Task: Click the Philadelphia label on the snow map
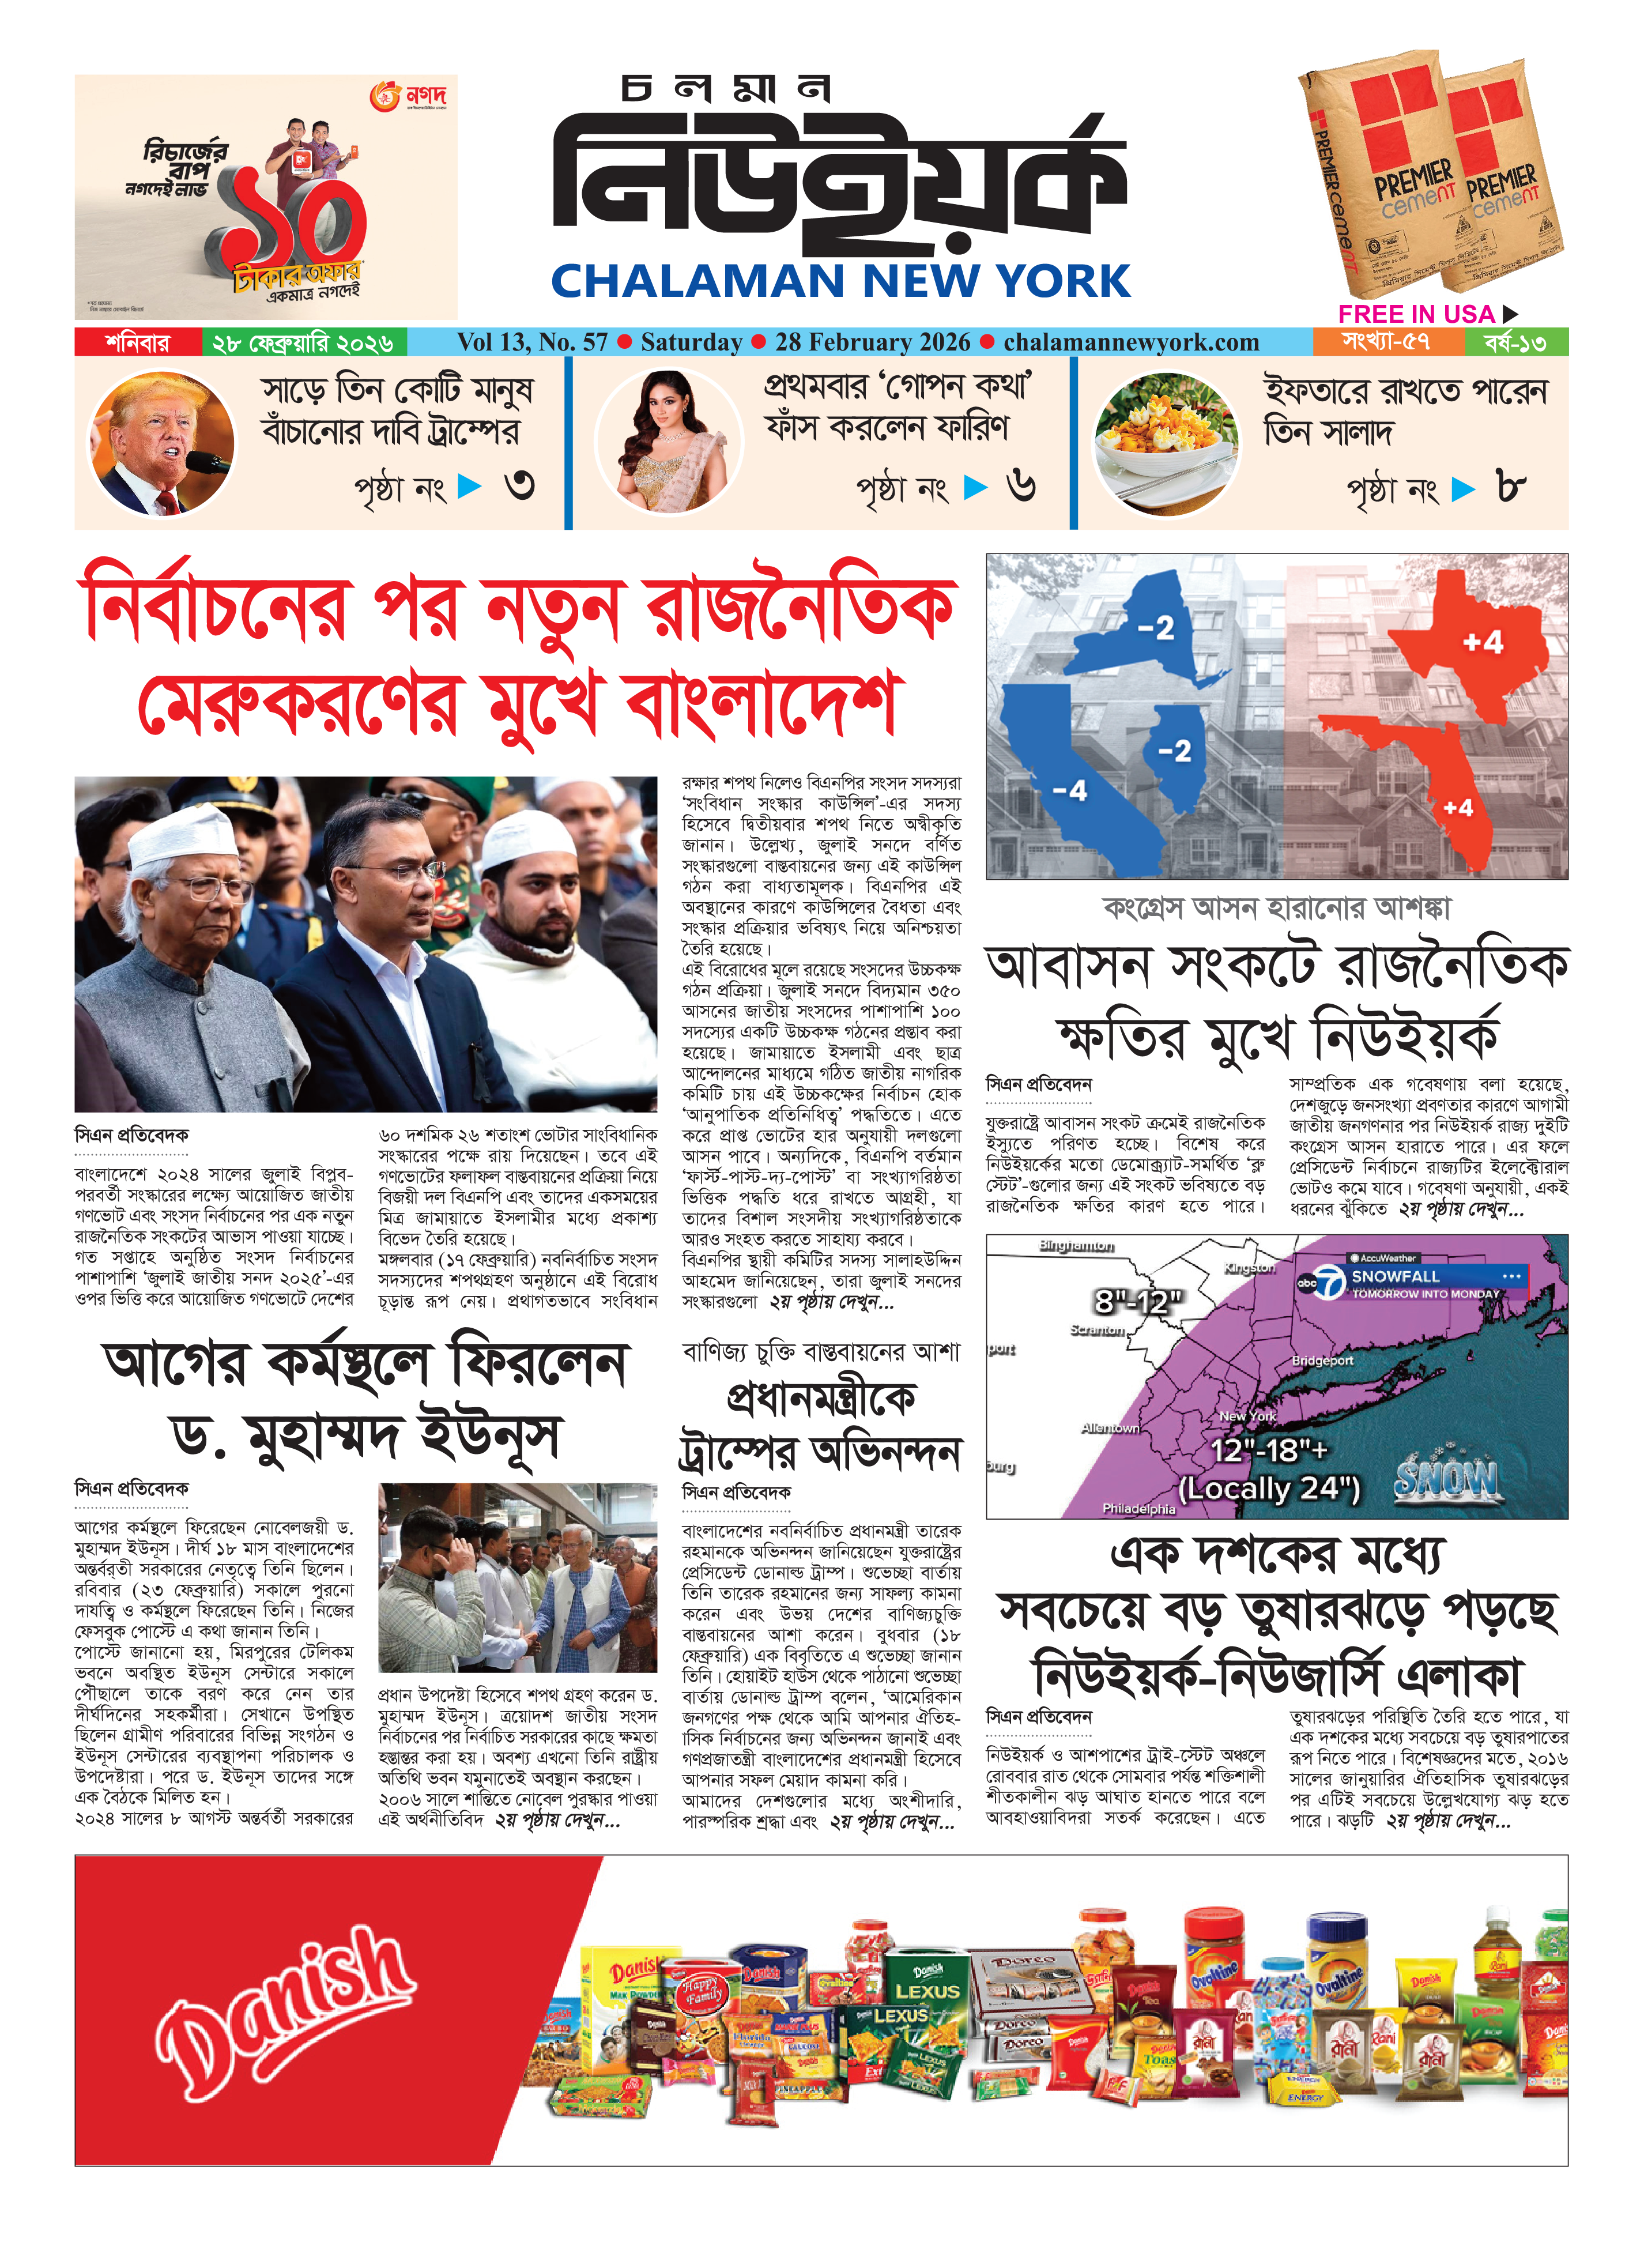1138,1509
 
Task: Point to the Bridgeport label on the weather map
1322,1361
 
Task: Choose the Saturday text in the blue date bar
691,342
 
